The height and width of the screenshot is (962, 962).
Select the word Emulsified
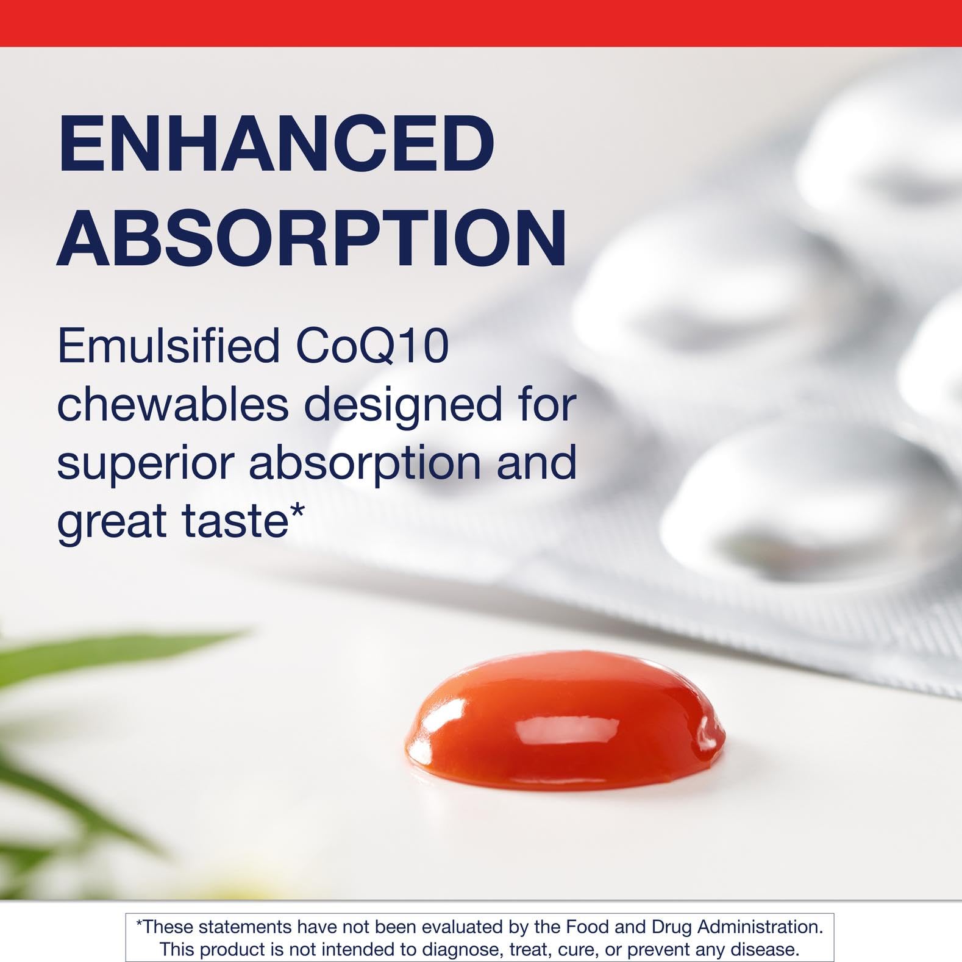[x=168, y=346]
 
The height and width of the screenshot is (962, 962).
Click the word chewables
[x=173, y=404]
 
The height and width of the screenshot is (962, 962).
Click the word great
[x=112, y=522]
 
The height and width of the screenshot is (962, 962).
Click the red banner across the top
[x=481, y=23]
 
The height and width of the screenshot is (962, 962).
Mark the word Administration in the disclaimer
[x=760, y=927]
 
